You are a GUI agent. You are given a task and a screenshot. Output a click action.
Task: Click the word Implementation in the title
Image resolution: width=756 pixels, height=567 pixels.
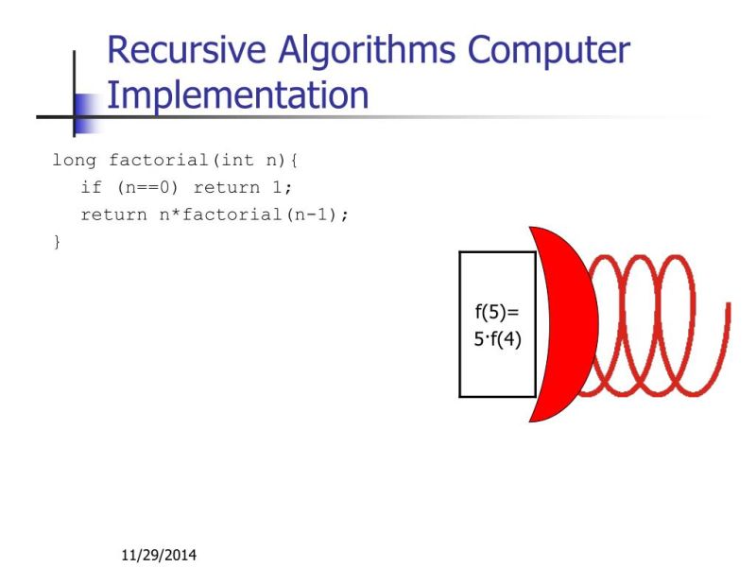(237, 94)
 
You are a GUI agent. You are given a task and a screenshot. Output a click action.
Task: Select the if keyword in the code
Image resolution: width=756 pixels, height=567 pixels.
(91, 187)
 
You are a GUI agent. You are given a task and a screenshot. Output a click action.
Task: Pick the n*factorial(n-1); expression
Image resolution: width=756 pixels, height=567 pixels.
(253, 215)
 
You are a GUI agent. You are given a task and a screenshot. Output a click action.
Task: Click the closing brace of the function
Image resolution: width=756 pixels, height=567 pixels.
(57, 243)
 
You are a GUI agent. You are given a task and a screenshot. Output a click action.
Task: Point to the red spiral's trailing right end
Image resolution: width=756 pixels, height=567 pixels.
(727, 307)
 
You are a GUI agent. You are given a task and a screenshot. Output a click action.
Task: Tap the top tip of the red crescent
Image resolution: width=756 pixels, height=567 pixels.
(532, 229)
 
